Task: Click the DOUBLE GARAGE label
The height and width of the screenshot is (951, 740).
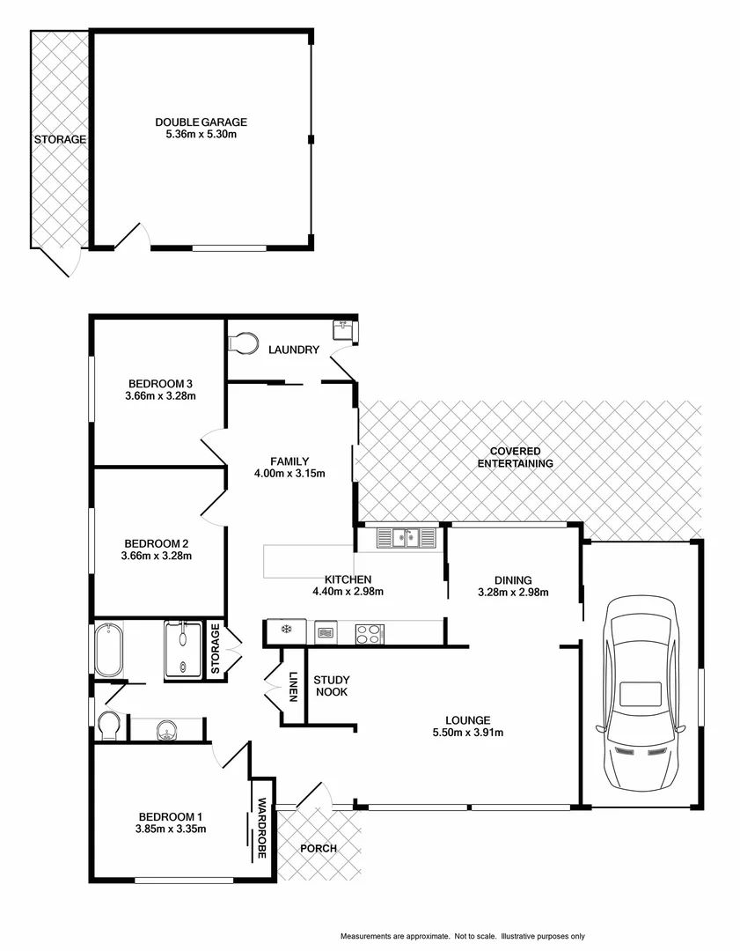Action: click(201, 122)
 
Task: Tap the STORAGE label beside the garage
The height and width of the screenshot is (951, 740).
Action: click(59, 139)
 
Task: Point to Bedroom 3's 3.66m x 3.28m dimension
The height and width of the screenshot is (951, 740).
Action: click(160, 396)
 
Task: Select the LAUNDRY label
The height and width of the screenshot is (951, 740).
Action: click(293, 350)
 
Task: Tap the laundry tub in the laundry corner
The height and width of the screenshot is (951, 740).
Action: click(343, 329)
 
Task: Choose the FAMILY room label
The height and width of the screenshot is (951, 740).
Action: click(289, 461)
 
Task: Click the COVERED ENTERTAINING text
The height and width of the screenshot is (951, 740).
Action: click(515, 457)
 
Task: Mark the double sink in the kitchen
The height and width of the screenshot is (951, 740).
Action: click(406, 537)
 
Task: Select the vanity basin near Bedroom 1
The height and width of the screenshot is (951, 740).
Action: click(166, 730)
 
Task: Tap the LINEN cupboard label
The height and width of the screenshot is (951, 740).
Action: click(293, 687)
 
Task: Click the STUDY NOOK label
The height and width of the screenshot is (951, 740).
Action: click(331, 686)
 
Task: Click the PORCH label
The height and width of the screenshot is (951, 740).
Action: click(318, 848)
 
